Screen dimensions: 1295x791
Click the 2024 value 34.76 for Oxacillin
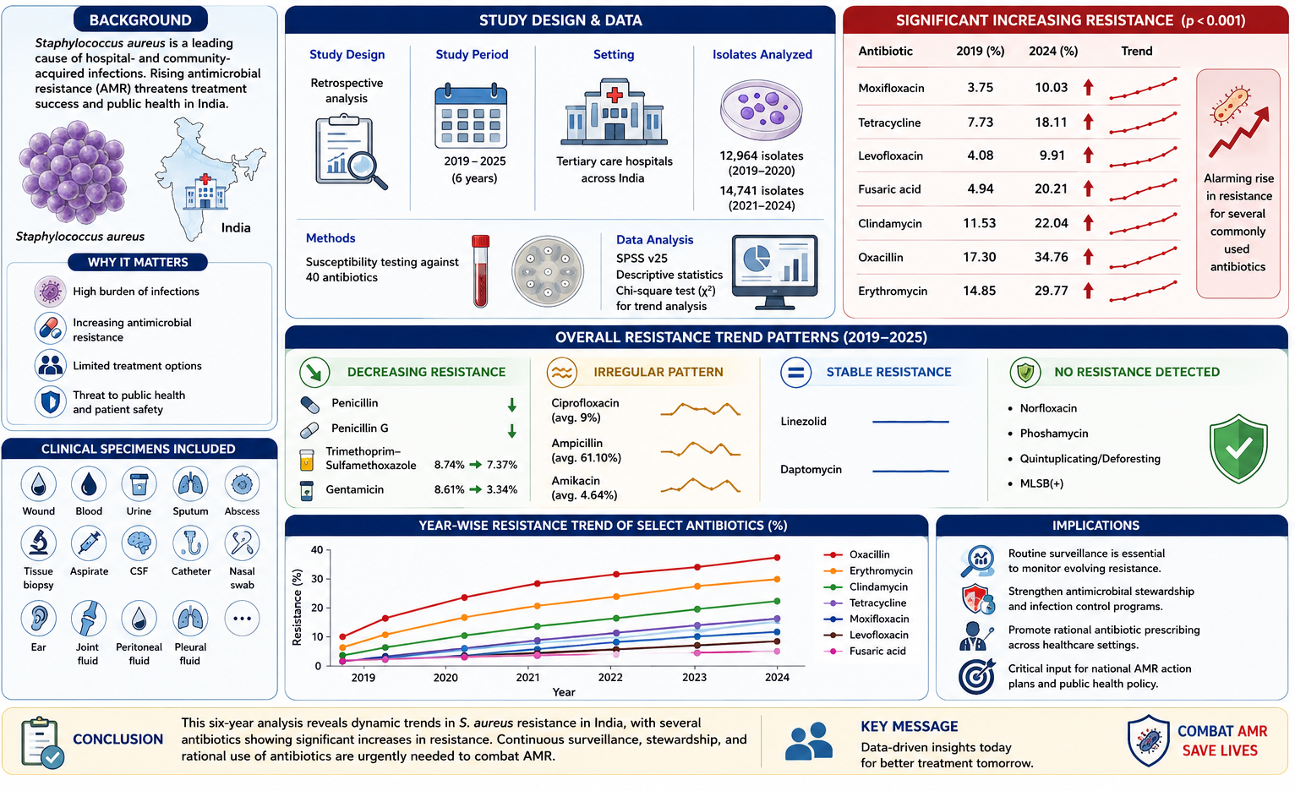pyautogui.click(x=1051, y=257)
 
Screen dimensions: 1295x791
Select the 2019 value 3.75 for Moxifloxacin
pyautogui.click(x=980, y=88)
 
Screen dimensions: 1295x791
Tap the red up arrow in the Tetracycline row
pyautogui.click(x=1089, y=122)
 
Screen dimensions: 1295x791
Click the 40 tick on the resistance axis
pyautogui.click(x=317, y=549)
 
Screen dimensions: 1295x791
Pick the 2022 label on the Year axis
pyautogui.click(x=610, y=677)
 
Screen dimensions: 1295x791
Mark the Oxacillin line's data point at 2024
pyautogui.click(x=777, y=558)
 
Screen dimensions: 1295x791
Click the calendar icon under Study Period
pyautogui.click(x=471, y=116)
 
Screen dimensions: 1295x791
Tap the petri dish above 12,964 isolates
pyautogui.click(x=761, y=110)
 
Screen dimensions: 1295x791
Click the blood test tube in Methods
pyautogui.click(x=480, y=270)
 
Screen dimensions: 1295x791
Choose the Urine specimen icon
pyautogui.click(x=139, y=484)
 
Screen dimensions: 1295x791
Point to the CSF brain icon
pyautogui.click(x=139, y=543)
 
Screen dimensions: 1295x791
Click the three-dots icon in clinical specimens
pyautogui.click(x=242, y=619)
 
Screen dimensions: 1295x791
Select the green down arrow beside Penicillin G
pyautogui.click(x=511, y=430)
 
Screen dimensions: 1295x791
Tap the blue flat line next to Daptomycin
pyautogui.click(x=910, y=471)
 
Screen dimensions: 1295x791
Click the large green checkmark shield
pyautogui.click(x=1238, y=449)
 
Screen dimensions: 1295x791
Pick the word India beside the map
pyautogui.click(x=236, y=227)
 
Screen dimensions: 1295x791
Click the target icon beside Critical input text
pyautogui.click(x=977, y=676)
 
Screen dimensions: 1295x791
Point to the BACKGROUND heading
pyautogui.click(x=140, y=20)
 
